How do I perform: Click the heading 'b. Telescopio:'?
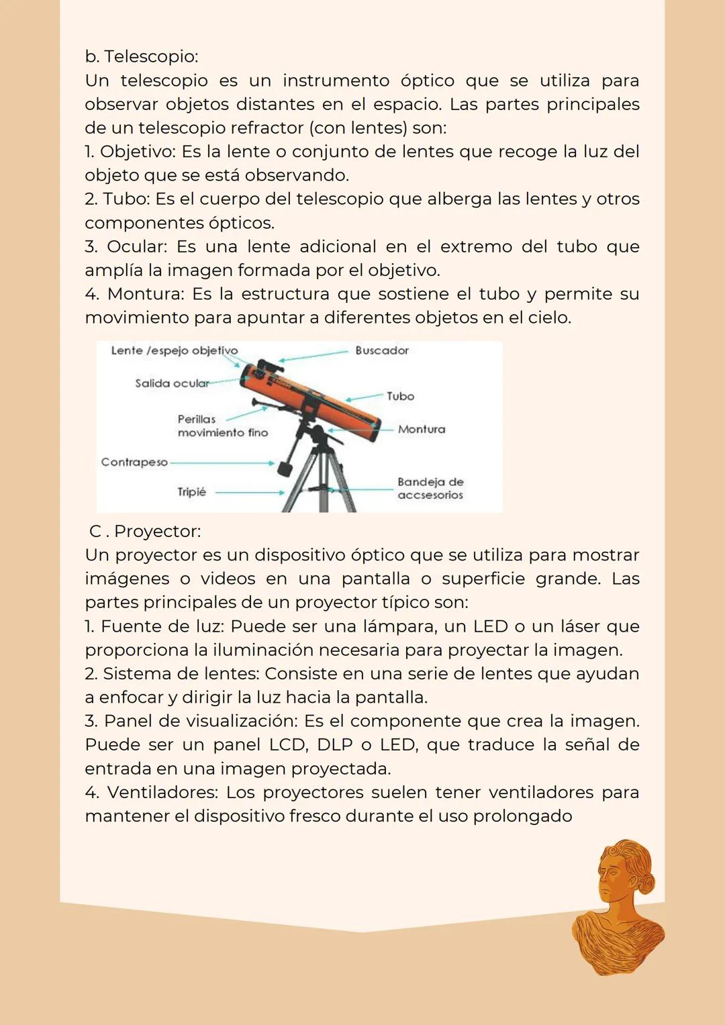click(142, 56)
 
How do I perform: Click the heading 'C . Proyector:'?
click(145, 531)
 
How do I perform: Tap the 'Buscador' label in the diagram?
click(382, 350)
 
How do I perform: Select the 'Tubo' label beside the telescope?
click(400, 396)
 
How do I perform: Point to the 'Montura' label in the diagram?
click(422, 429)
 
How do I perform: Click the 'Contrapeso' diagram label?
click(134, 462)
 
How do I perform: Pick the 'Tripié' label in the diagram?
click(191, 492)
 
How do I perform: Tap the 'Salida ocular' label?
click(172, 383)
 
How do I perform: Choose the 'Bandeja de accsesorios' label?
click(430, 488)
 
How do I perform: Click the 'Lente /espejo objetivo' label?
click(174, 350)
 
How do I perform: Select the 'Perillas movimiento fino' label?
click(222, 426)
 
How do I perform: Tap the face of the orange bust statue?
click(612, 875)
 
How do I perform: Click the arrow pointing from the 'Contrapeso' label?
click(222, 463)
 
